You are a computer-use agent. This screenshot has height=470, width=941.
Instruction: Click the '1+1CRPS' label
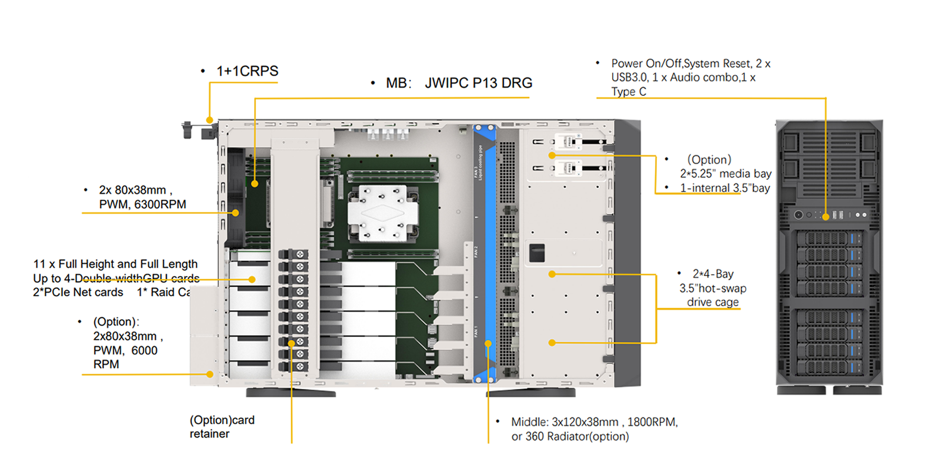(247, 71)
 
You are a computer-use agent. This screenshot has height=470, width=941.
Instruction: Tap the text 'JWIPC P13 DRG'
(478, 83)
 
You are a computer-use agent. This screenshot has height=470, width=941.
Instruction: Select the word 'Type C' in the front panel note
(629, 92)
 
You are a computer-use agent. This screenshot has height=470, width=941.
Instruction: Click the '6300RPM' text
(160, 204)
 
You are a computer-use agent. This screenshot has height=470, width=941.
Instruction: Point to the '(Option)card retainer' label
(222, 427)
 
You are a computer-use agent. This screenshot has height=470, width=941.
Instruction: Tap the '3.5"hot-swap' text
(713, 288)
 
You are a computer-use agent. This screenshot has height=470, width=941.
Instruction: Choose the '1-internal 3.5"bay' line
(725, 188)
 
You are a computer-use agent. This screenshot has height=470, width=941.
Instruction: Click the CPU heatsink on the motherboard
(382, 213)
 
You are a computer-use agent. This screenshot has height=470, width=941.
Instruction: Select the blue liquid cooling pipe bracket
(485, 253)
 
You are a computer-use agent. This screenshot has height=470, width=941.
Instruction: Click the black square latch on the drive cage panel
(537, 253)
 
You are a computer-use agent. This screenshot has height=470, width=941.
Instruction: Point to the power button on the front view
(798, 215)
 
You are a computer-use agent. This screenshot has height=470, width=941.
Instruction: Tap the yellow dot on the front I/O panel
(826, 217)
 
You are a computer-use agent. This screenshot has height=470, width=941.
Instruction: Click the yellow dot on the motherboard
(255, 184)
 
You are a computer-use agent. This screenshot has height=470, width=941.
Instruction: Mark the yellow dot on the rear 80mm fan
(236, 213)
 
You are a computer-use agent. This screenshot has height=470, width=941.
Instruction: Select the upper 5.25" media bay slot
(568, 142)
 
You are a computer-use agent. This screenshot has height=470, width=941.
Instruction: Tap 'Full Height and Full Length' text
(128, 264)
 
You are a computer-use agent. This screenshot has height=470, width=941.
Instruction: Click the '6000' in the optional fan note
(144, 351)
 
